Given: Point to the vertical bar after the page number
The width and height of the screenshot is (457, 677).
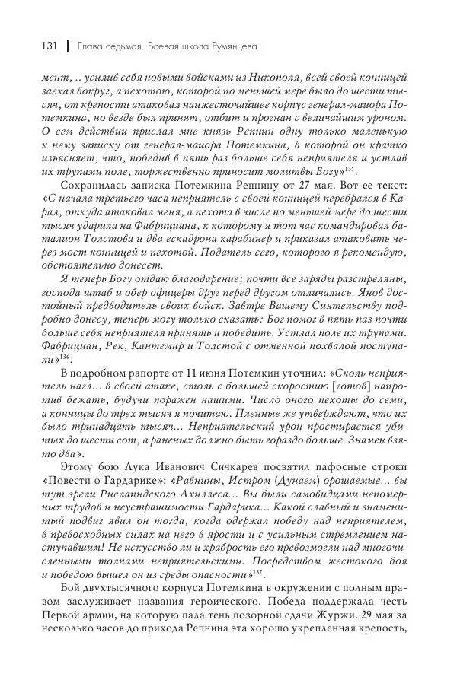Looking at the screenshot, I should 68,46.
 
